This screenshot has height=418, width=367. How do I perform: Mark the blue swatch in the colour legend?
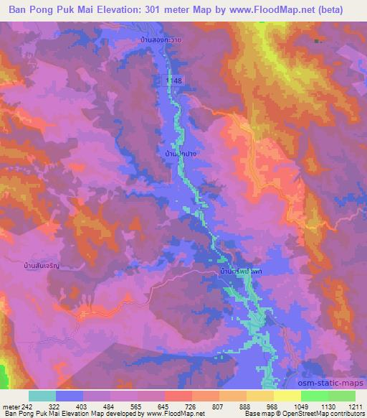(x=70, y=396)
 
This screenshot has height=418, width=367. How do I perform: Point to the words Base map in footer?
(x=255, y=414)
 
